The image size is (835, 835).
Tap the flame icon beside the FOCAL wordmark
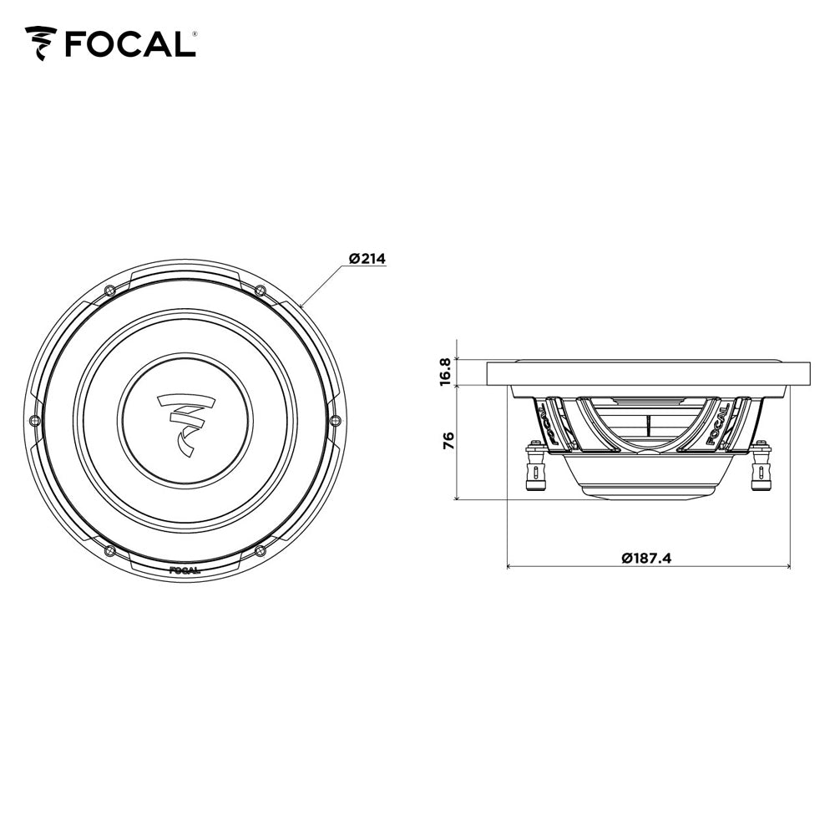coord(41,43)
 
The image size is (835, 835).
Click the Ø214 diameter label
coord(367,259)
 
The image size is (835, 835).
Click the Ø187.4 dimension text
coord(646,558)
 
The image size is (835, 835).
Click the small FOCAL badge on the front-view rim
coord(185,572)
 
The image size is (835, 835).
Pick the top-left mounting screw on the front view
coord(109,289)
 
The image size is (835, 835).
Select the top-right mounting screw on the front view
coord(260,290)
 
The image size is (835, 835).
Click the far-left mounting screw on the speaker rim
coord(33,419)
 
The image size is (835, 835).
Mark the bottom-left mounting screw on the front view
coord(109,550)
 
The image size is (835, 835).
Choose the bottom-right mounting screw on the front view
coord(260,550)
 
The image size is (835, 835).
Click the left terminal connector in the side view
coord(532,470)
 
